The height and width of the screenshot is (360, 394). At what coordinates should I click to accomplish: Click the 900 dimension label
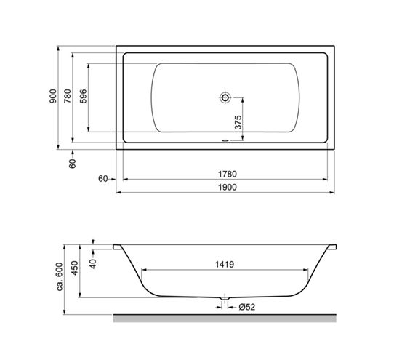pyautogui.click(x=53, y=96)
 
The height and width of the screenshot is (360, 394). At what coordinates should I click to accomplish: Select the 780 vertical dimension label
pyautogui.click(x=68, y=96)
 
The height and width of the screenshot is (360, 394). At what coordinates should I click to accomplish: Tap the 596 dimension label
pyautogui.click(x=83, y=96)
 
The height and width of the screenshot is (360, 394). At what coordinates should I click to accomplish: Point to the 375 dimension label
pyautogui.click(x=238, y=122)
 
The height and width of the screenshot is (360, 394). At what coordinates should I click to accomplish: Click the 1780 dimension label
pyautogui.click(x=227, y=174)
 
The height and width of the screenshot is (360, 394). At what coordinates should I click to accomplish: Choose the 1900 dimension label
pyautogui.click(x=227, y=188)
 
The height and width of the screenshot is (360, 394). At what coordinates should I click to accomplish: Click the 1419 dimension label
pyautogui.click(x=225, y=265)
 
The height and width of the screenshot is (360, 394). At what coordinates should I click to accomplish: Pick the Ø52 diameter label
pyautogui.click(x=247, y=307)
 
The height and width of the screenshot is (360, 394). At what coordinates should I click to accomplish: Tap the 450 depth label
pyautogui.click(x=75, y=268)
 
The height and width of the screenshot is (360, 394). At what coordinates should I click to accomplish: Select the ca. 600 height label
pyautogui.click(x=60, y=277)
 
